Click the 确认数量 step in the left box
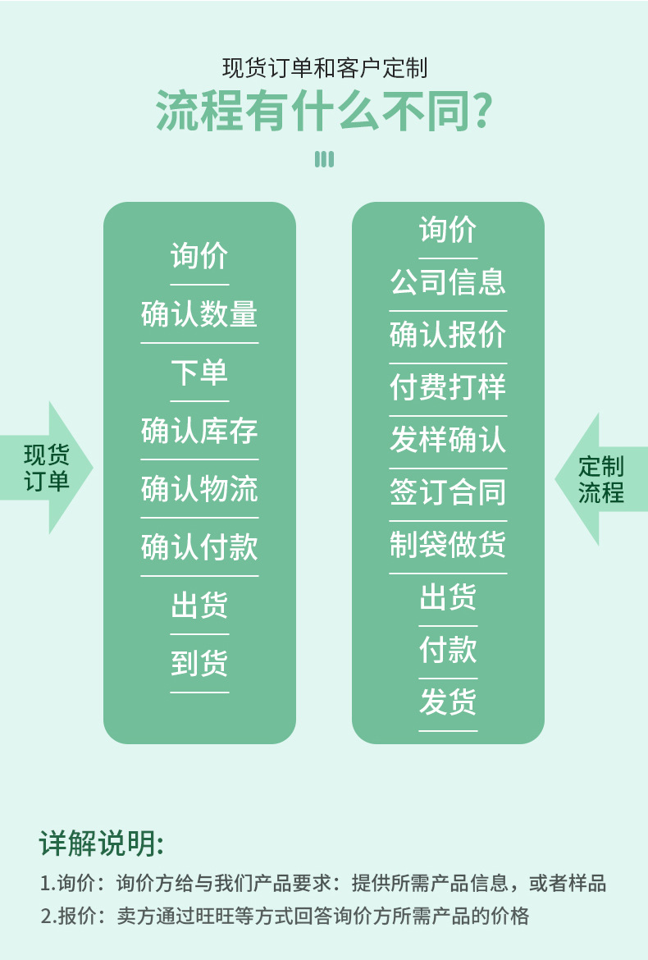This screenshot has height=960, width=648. click(x=199, y=315)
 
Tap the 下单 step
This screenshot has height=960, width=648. click(x=199, y=373)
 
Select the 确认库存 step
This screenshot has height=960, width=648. click(x=199, y=432)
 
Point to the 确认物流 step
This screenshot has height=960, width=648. click(x=199, y=490)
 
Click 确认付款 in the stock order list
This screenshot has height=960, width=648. click(x=199, y=548)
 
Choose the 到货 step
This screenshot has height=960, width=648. click(x=199, y=664)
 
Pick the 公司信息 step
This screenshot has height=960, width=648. click(x=448, y=282)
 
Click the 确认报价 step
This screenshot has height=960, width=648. click(x=448, y=335)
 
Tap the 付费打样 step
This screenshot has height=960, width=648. click(x=448, y=387)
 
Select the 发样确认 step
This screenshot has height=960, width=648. click(x=448, y=440)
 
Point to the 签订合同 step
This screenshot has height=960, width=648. click(x=448, y=492)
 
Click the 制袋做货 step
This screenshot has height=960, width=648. click(x=448, y=545)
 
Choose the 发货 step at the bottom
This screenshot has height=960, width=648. click(x=448, y=702)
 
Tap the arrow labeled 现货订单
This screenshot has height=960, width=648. click(x=48, y=468)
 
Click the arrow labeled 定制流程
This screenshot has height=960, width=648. click(x=600, y=480)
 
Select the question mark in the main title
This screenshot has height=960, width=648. click(x=483, y=112)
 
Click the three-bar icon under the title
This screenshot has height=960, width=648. click(x=324, y=159)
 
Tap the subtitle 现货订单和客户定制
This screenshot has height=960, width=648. click(x=324, y=67)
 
